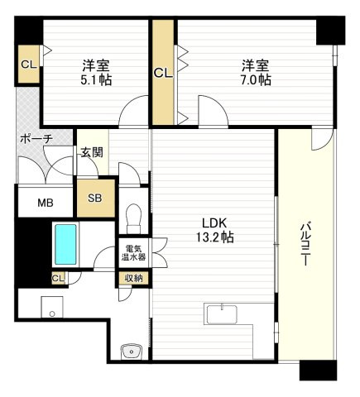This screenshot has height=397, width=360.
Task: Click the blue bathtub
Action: [x=65, y=244]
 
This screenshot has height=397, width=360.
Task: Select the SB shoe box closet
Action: [x=96, y=198]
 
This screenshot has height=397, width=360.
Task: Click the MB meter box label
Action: [x=46, y=203]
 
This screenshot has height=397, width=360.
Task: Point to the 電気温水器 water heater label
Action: [x=133, y=253]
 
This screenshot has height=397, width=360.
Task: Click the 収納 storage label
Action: [x=133, y=279]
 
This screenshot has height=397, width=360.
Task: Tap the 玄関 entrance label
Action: [x=92, y=152]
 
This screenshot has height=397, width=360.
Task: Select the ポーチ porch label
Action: [x=36, y=139]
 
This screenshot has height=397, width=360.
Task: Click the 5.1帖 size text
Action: [x=96, y=80]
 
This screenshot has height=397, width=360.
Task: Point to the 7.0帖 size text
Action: [x=255, y=80]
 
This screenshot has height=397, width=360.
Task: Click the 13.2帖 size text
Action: [x=215, y=237]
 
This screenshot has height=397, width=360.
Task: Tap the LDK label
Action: [x=214, y=223]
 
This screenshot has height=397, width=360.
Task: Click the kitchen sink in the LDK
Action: [x=222, y=314]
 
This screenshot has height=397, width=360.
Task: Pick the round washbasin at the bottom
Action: [x=132, y=352]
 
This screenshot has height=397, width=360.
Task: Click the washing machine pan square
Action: [x=52, y=307]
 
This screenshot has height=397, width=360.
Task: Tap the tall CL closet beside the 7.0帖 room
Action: [x=163, y=73]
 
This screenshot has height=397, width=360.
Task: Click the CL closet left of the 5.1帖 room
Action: [x=29, y=65]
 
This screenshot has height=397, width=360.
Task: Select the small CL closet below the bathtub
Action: [x=58, y=279]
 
